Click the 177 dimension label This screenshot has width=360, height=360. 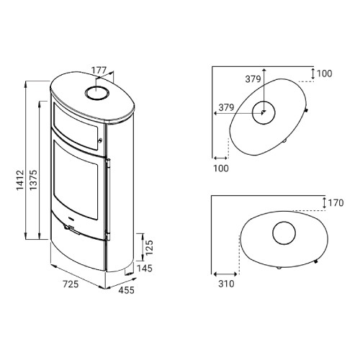pos(99,71)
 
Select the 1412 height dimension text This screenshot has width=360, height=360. pos(20,180)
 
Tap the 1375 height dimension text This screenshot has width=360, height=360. pos(34,180)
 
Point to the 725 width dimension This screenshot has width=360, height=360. pos(71,284)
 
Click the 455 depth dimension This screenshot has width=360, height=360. pos(127,290)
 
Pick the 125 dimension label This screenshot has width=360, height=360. pos(149,248)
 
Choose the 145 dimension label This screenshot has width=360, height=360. pos(145,269)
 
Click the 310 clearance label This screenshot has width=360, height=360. pos(226,284)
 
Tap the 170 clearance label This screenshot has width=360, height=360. pos(336,203)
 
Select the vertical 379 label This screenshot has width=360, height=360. pos(253,79)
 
